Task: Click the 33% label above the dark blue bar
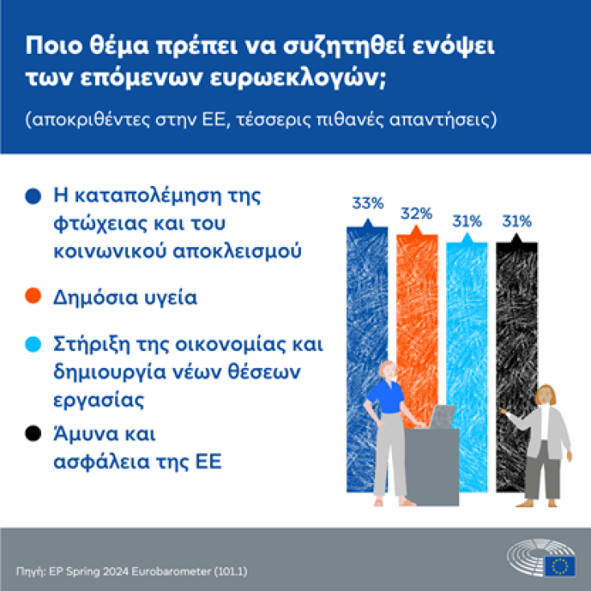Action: pos(366,203)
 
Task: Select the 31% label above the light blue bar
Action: pos(467,220)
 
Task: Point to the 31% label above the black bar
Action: pos(517,220)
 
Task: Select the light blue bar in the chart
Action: pos(467,322)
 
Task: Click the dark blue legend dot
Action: pos(33,196)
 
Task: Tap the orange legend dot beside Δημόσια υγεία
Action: pos(33,297)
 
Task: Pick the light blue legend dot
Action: pos(33,345)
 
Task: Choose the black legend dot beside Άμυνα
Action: pos(33,435)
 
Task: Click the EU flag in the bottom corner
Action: pos(559,566)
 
